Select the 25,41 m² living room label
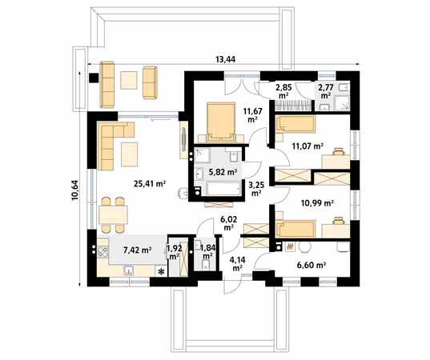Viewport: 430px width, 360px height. (149, 183)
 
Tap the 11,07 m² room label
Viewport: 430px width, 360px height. (307, 146)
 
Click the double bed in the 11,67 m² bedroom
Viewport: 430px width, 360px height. (219, 119)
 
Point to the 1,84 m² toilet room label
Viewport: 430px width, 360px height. (207, 252)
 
